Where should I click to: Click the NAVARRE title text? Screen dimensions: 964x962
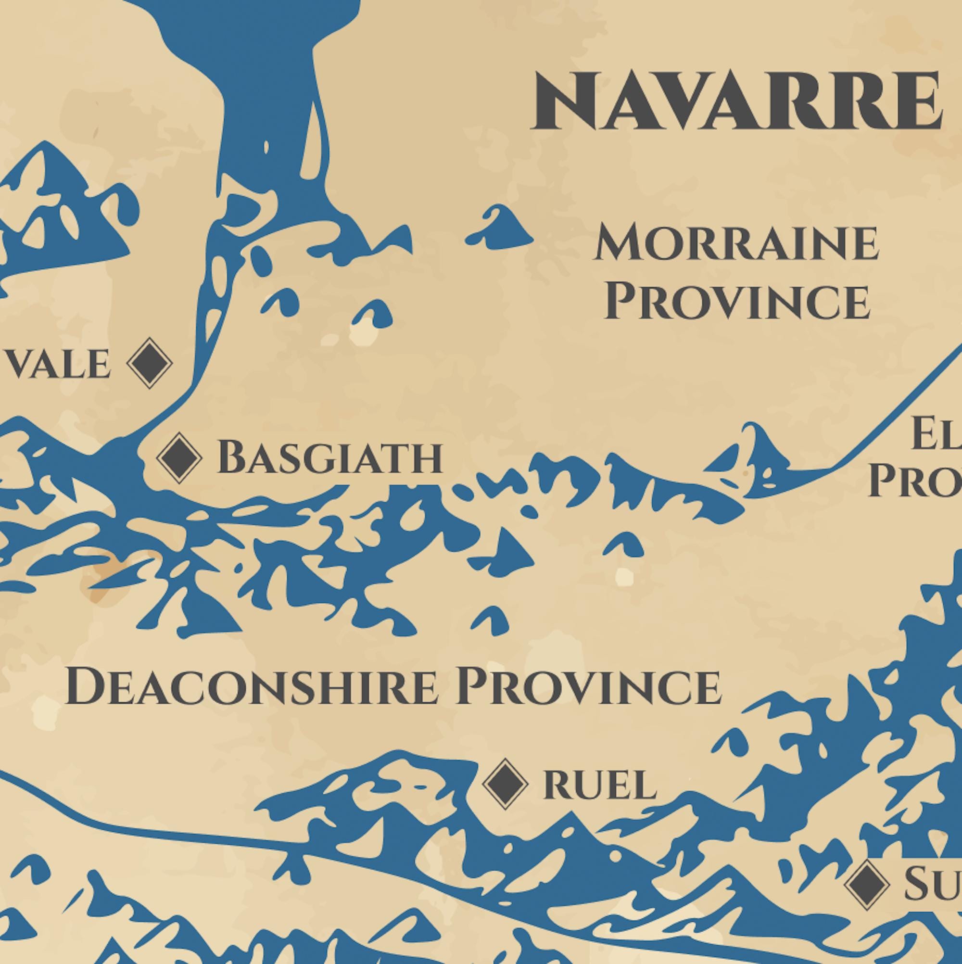(x=735, y=101)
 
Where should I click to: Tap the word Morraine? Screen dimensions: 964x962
(x=736, y=243)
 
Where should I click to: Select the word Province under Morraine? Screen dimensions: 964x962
(x=737, y=302)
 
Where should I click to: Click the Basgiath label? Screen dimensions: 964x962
(x=329, y=457)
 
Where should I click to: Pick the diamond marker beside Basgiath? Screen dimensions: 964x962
(x=179, y=458)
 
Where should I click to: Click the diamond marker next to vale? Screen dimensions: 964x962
(x=150, y=363)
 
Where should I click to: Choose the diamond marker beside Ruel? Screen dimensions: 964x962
(x=505, y=784)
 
